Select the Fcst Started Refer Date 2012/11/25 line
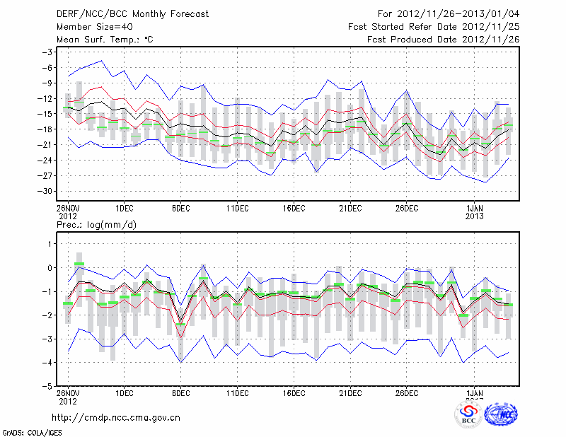click(434, 27)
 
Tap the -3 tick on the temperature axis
click(47, 52)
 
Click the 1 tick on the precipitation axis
click(50, 244)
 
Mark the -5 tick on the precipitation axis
click(47, 387)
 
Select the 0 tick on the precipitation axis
click(50, 268)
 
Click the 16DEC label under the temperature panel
click(294, 208)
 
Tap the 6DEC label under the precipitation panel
click(180, 393)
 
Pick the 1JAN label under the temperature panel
click(475, 208)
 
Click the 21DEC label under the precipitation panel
click(350, 393)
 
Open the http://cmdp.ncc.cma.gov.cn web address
click(116, 417)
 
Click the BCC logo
click(468, 415)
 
